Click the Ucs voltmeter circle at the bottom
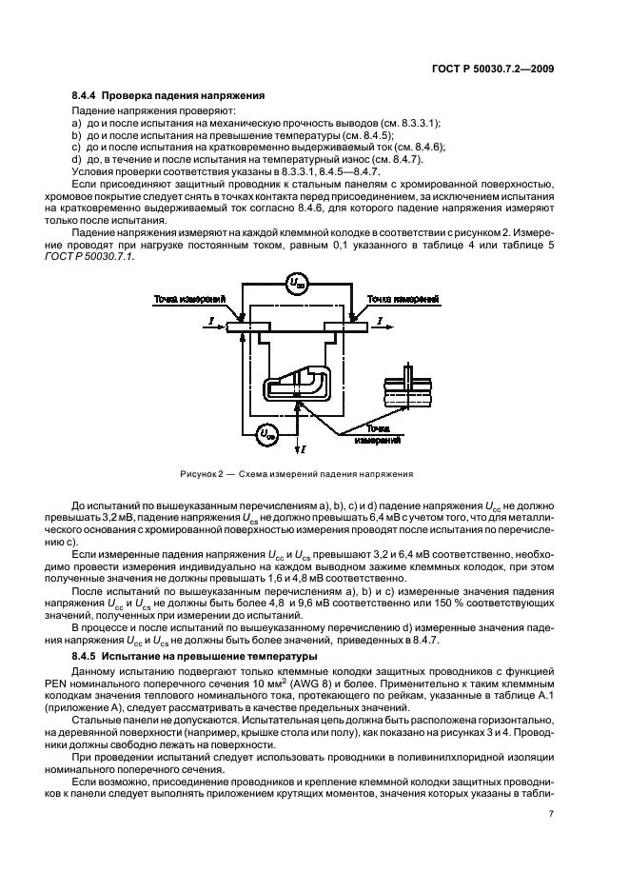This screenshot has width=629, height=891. [267, 434]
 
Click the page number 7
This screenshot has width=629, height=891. [551, 813]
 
